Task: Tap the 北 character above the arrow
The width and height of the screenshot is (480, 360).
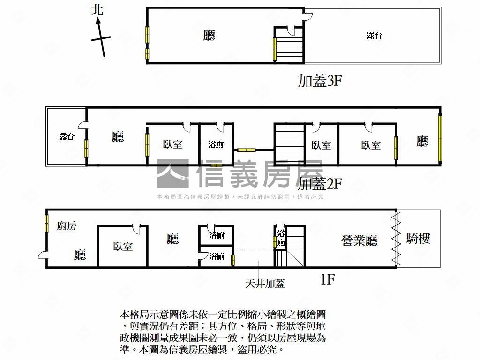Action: pos(97,9)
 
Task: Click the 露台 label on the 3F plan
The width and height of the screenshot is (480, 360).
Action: pos(374,36)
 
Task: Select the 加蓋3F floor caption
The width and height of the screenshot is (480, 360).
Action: pos(320,81)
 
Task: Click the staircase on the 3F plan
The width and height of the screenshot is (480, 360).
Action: pos(289,45)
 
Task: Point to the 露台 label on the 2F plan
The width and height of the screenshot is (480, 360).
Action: pos(67,136)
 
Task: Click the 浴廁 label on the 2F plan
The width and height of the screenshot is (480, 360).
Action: pos(216,144)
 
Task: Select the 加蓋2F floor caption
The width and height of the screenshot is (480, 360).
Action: pos(320,184)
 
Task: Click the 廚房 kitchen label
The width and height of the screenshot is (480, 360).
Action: pos(67,226)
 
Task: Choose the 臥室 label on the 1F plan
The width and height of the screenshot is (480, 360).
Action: pos(123,246)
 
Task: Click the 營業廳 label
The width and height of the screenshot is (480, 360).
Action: pos(360,240)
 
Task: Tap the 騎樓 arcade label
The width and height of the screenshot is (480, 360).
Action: pos(418,238)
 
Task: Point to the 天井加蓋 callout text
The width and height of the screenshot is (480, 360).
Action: pos(265,284)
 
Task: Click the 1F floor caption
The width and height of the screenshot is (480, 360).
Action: pos(328,279)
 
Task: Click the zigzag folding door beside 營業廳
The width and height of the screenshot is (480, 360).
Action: pos(397,239)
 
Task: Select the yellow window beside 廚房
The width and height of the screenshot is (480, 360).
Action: pos(46,223)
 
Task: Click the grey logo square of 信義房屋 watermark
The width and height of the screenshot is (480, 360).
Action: pos(173,173)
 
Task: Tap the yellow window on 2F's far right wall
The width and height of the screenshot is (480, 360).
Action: pos(440,138)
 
